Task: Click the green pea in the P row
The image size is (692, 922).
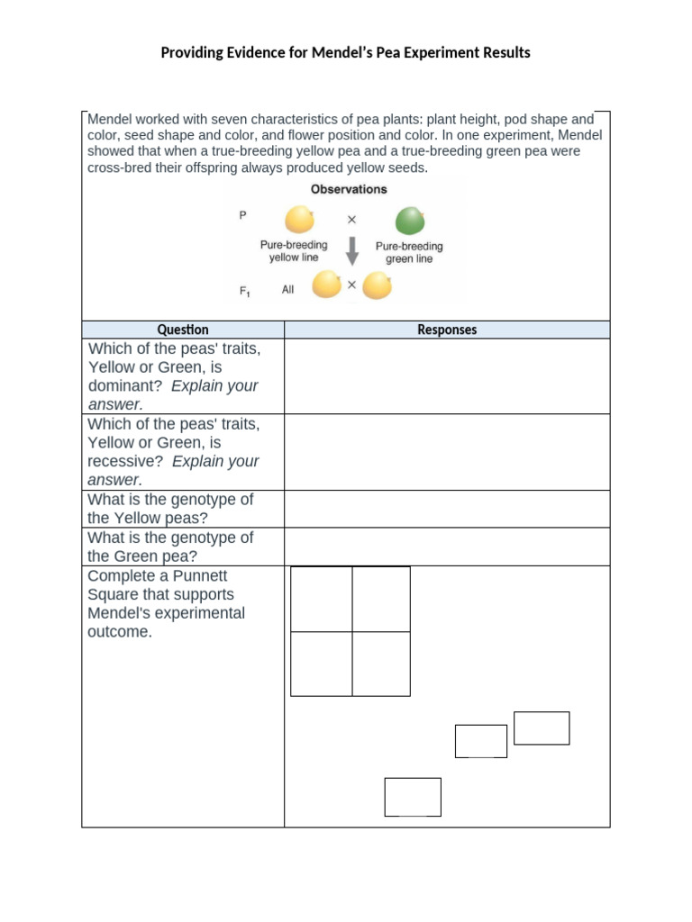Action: (x=410, y=220)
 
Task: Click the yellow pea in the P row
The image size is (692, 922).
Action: (x=299, y=220)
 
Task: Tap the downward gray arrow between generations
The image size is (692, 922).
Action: (x=352, y=251)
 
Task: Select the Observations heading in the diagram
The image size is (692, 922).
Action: (x=349, y=189)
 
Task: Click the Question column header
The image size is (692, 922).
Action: (x=183, y=330)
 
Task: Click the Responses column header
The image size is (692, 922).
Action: (x=447, y=330)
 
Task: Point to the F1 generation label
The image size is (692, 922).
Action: (x=243, y=291)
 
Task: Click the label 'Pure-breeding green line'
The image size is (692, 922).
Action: (x=409, y=252)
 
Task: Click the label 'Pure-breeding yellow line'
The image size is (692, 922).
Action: (x=294, y=251)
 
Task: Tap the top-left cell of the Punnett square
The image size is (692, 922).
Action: (x=322, y=599)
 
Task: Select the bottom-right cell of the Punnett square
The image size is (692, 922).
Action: (x=381, y=664)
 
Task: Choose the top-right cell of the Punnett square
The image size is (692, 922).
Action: (x=381, y=599)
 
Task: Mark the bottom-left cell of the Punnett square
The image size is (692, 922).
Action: (x=322, y=664)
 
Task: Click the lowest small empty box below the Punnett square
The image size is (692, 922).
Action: (x=413, y=797)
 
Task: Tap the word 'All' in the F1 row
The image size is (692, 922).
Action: (x=288, y=290)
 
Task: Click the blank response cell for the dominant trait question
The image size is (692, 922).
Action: (x=447, y=376)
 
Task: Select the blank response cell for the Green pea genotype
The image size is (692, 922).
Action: (x=447, y=547)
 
